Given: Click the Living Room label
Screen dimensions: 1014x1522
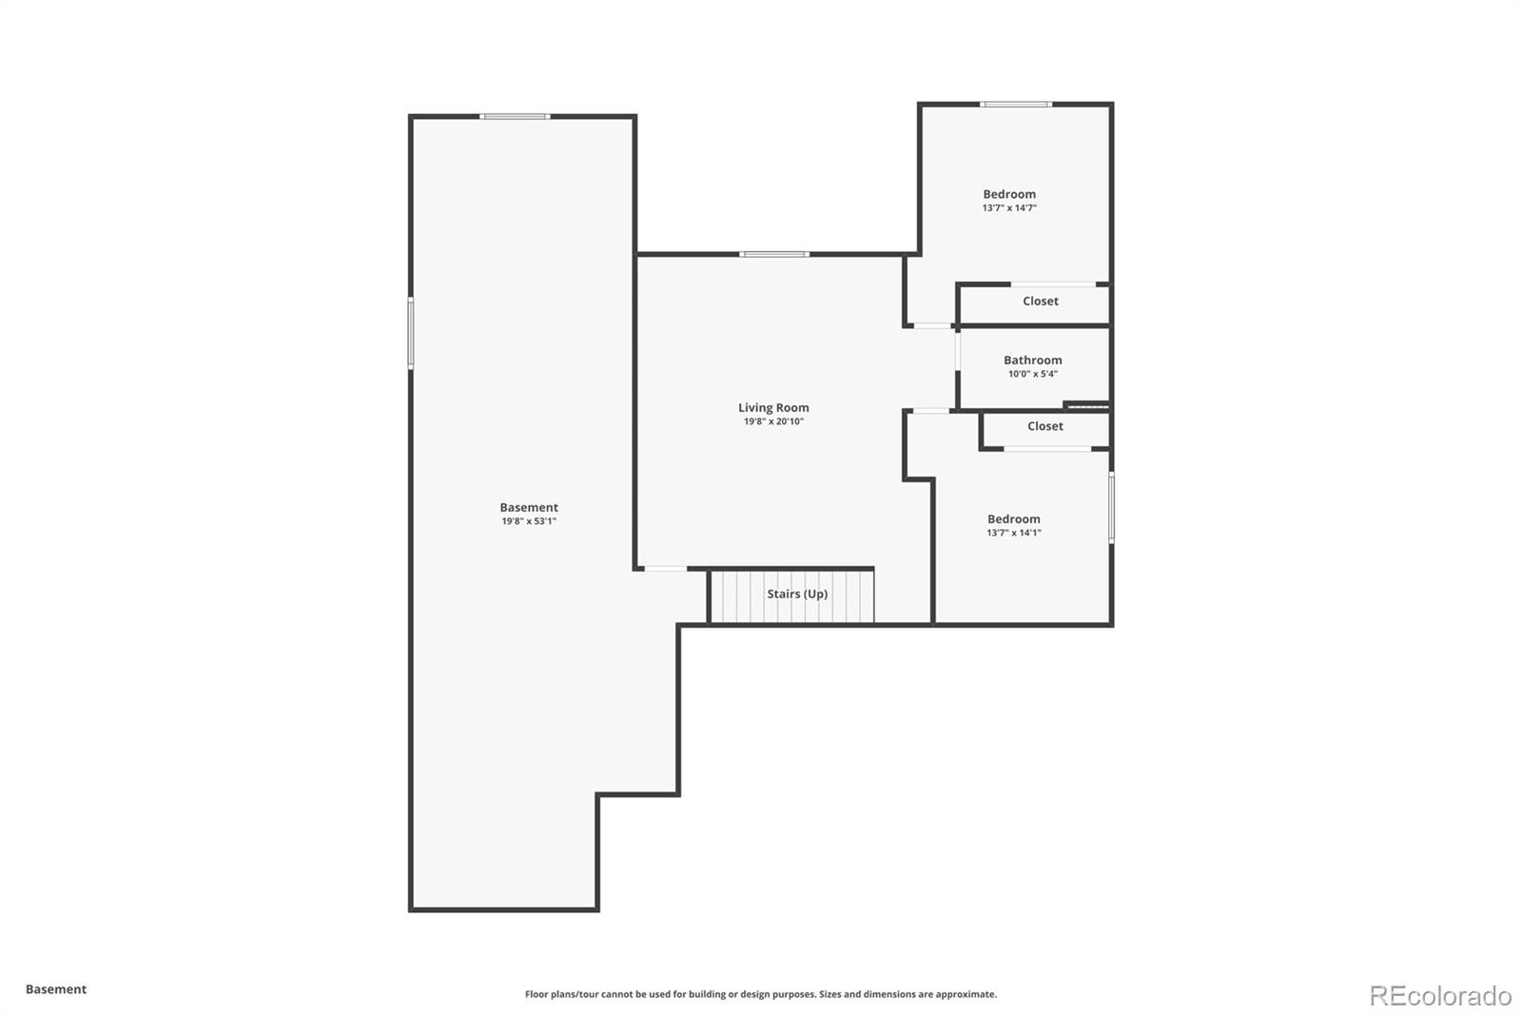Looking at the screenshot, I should (773, 408).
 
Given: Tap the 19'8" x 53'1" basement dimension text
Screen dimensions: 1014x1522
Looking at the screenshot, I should (529, 521).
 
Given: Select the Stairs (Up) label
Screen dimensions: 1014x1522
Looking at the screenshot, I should (797, 594).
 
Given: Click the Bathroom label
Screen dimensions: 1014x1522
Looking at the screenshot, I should (1032, 361).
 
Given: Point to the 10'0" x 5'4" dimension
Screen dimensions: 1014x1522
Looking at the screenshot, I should (1032, 374).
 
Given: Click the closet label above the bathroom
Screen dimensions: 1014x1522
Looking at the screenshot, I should (1040, 302).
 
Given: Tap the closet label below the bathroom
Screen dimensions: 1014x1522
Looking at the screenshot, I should (1044, 426).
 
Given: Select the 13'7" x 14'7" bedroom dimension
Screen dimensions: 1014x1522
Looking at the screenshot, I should (1009, 207).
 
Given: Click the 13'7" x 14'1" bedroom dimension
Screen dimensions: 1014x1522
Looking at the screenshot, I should (1013, 533).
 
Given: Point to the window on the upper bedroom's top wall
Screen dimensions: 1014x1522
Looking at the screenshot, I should (1016, 104).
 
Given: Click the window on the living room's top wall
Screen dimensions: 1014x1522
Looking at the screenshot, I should (774, 254).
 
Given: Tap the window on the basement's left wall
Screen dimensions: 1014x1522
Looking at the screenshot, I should (411, 333).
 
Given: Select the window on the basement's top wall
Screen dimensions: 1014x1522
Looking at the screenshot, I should (515, 116).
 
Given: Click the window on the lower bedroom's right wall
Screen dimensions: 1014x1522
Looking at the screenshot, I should (1111, 508).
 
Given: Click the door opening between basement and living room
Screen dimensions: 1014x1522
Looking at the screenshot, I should (666, 569).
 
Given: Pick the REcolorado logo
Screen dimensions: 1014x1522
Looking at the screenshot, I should (1439, 995).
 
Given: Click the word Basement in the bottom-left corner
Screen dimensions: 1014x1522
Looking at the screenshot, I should (56, 989).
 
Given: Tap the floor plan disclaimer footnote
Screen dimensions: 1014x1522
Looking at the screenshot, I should (761, 994).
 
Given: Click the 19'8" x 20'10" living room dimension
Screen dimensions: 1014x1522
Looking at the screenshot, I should (773, 421).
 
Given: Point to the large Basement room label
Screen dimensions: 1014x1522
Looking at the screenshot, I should (529, 508).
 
